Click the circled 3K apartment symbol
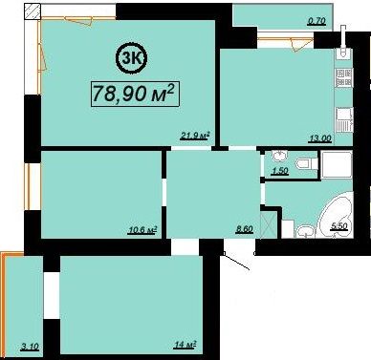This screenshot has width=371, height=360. [x=131, y=57]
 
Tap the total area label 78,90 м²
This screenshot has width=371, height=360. [x=135, y=94]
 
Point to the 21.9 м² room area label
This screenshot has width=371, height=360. [x=195, y=136]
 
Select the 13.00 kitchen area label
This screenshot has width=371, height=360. [x=320, y=138]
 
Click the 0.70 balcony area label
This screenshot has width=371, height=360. [x=316, y=21]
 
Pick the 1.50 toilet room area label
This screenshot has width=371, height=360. [x=279, y=171]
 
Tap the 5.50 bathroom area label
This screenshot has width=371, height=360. [x=339, y=226]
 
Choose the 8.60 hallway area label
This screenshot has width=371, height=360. [x=244, y=228]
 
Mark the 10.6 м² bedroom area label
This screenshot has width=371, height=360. [x=142, y=230]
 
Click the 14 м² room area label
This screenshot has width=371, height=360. [x=185, y=345]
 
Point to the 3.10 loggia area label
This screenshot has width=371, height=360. [x=30, y=347]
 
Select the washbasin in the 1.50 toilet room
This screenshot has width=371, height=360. [x=280, y=156]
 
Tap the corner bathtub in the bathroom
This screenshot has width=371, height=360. [x=338, y=216]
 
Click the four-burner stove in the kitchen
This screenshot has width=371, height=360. [x=343, y=77]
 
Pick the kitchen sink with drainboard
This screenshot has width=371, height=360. [x=344, y=119]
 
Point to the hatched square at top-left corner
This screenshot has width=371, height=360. [x=33, y=11]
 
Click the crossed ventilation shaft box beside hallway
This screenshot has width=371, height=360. [x=268, y=224]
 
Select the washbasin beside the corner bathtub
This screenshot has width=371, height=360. [x=306, y=231]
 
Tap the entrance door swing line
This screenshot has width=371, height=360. [x=236, y=261]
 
